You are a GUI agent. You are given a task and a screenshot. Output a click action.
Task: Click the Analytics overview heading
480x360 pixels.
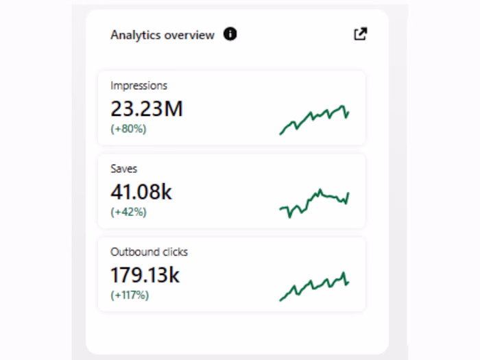[163, 35]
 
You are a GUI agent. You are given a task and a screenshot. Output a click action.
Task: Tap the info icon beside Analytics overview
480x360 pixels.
[230, 34]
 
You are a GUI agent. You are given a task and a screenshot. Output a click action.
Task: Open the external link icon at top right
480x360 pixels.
[360, 34]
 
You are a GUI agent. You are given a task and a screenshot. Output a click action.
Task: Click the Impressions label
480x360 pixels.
[139, 86]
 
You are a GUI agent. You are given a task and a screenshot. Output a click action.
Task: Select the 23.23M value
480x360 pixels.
[147, 108]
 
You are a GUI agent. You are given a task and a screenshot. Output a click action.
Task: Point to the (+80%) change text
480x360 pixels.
[128, 128]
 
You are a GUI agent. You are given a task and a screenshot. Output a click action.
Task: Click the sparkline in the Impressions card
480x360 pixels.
[314, 119]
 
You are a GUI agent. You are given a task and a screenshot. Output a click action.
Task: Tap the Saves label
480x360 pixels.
[123, 169]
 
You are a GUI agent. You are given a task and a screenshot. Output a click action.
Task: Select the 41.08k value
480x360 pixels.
[141, 192]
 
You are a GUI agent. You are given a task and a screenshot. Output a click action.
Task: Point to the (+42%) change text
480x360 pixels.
[128, 212]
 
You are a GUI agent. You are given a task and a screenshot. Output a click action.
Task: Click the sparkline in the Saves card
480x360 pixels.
[314, 203]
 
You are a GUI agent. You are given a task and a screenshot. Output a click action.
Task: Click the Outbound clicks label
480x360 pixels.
[149, 252]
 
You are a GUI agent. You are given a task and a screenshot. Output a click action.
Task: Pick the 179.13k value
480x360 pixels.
[145, 275]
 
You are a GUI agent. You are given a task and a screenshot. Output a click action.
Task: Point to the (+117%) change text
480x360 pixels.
[130, 295]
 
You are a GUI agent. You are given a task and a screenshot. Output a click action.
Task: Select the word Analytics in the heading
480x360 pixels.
[135, 35]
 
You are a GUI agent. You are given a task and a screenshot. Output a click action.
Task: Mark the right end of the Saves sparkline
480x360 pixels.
[348, 194]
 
